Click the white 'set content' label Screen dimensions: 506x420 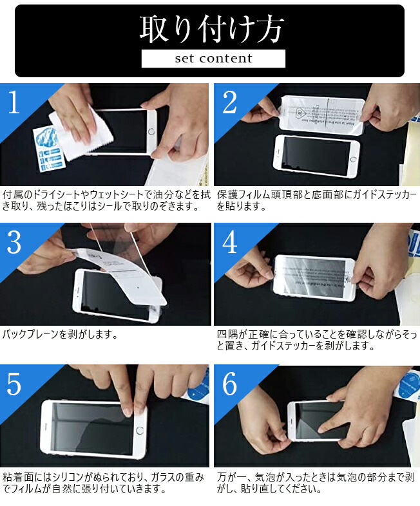pos(213,59)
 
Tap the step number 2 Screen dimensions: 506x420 pos(229,102)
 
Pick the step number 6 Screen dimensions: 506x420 pos(229,384)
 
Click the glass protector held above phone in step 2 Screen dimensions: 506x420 pos(322,114)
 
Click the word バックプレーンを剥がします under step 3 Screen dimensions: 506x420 pos(59,335)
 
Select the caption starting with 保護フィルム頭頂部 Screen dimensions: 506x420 pos(316,200)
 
